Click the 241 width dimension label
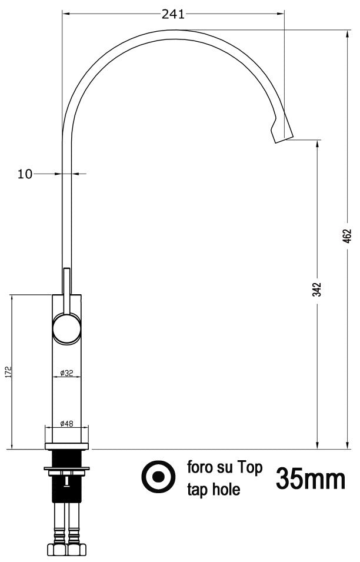point(173,14)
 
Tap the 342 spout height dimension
point(317,290)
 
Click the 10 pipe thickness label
point(25,174)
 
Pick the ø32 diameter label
point(66,373)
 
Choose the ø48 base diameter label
point(66,423)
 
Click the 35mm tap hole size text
point(310,480)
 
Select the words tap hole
point(214,490)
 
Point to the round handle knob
point(66,328)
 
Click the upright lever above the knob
point(66,288)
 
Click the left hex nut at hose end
point(59,550)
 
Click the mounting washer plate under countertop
point(66,469)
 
